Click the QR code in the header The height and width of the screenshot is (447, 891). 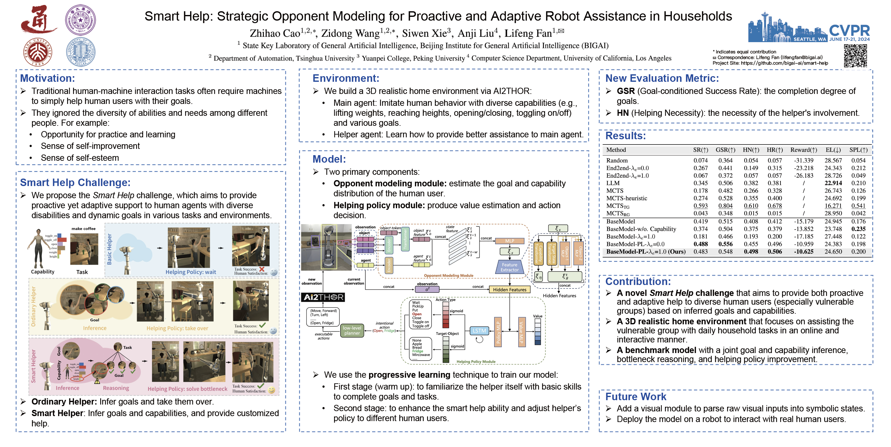[855, 55]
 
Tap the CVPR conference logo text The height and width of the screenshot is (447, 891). [849, 31]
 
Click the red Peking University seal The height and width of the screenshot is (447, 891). [38, 52]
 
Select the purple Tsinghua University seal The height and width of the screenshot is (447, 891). [80, 20]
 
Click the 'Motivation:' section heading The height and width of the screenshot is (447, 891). [47, 78]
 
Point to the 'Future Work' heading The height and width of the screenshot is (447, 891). [635, 396]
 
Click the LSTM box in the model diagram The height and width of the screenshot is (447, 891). [479, 331]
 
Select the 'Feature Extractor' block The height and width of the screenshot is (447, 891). [509, 267]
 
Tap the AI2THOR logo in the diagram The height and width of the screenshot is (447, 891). [323, 297]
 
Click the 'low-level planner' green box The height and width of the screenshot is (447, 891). [352, 331]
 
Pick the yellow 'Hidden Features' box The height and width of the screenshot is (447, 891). [509, 290]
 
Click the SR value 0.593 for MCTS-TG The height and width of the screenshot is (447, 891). [701, 206]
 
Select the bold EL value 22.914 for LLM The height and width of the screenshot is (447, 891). [833, 183]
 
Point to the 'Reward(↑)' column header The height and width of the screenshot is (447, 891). [804, 150]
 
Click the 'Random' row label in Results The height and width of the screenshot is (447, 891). [617, 160]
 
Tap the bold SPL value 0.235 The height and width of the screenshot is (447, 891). [858, 229]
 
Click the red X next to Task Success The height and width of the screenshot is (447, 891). [262, 269]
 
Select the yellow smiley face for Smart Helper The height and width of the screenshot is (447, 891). [272, 390]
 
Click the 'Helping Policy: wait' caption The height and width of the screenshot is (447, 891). [190, 272]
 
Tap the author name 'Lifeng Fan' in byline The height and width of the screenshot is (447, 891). [528, 33]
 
